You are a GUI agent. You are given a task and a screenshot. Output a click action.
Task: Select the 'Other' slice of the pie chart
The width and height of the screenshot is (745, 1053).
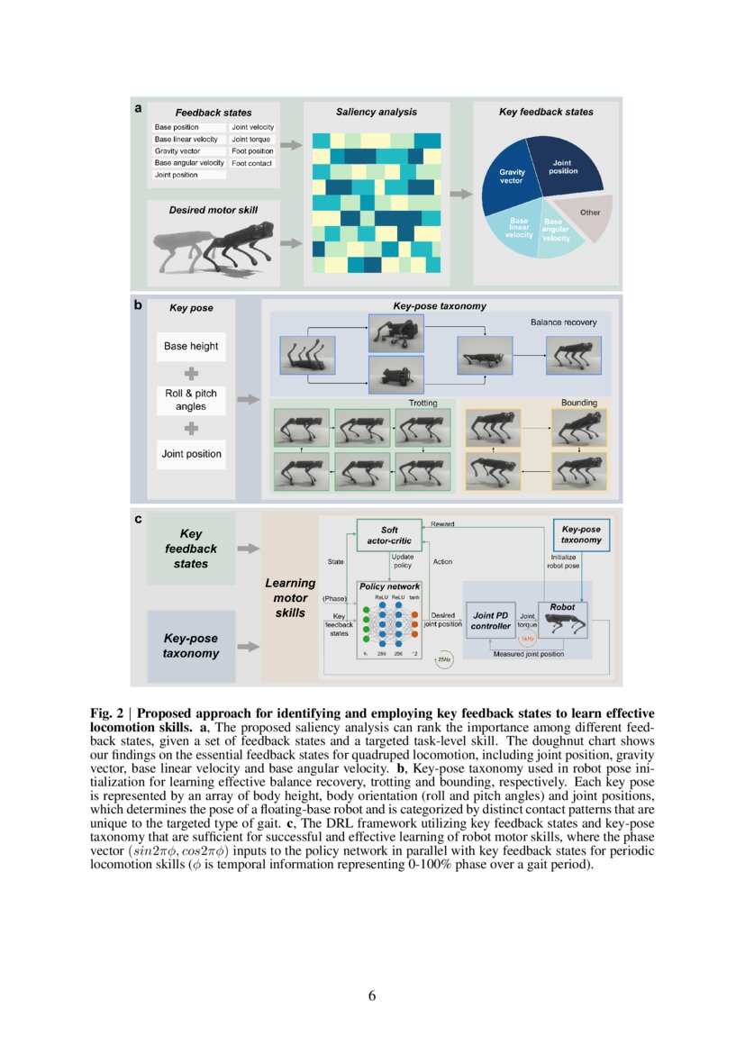click(x=590, y=213)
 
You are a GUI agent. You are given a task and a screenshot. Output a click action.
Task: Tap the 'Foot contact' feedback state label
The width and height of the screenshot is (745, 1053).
click(x=251, y=163)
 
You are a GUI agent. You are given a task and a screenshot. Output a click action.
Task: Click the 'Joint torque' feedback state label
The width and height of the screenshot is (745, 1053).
click(x=250, y=140)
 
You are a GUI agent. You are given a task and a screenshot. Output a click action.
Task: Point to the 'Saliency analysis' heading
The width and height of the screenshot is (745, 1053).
click(x=376, y=112)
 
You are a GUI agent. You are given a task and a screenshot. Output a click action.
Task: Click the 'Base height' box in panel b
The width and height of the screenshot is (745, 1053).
click(x=191, y=346)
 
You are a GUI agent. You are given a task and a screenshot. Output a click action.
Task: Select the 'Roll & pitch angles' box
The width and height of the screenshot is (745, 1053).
click(x=191, y=400)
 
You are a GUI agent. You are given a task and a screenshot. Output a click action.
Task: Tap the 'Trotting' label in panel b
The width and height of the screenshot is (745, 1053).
click(x=423, y=403)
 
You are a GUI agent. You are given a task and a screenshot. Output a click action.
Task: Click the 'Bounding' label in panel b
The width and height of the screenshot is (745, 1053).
click(x=579, y=403)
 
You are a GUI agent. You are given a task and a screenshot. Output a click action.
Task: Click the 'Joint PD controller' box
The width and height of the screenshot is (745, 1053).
click(x=491, y=621)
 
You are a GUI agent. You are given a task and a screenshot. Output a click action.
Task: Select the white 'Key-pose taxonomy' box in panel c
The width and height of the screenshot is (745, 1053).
click(x=581, y=534)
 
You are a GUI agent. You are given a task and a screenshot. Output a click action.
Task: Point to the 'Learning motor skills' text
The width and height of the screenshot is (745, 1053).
click(x=290, y=598)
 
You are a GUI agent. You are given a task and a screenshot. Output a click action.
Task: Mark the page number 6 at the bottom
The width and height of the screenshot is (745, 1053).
click(x=372, y=995)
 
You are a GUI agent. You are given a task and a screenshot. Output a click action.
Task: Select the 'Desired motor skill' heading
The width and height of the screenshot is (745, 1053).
click(x=214, y=210)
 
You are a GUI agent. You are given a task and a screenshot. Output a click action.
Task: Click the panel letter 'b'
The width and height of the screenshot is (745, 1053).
click(x=138, y=305)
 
